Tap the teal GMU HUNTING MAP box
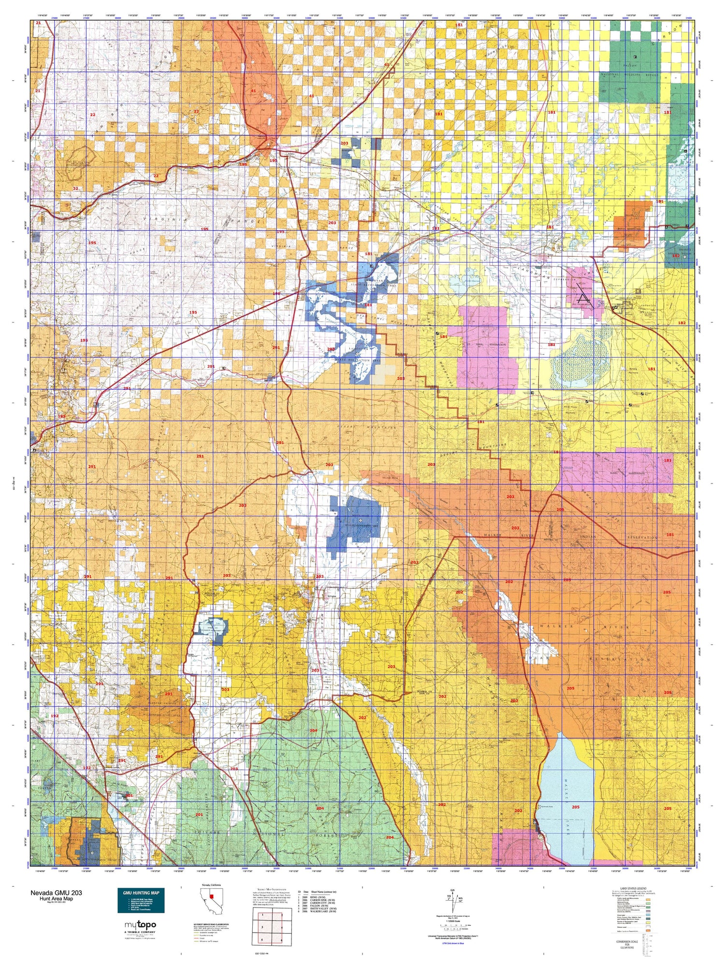tap(141, 900)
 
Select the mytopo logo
tap(141, 925)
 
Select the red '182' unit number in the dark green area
tap(676, 256)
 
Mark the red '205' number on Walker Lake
tap(575, 807)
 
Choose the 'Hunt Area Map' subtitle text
tap(56, 899)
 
